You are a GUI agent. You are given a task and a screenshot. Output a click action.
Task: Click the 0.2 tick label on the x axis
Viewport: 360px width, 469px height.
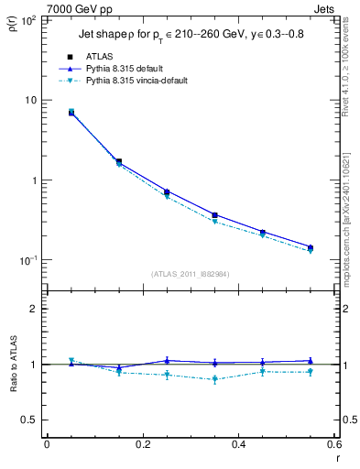tap(142, 444)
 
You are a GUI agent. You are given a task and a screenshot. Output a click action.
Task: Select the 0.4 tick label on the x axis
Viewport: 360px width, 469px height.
tap(238, 444)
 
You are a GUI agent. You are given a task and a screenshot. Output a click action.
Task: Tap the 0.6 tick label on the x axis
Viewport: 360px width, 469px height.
tap(334, 444)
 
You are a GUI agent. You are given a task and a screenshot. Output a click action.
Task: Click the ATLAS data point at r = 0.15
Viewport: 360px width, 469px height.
tap(118, 162)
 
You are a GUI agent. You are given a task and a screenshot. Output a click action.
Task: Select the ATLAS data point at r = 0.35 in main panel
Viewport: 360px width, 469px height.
tap(214, 215)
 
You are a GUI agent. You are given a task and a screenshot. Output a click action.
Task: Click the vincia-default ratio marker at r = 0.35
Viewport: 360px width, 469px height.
tap(214, 379)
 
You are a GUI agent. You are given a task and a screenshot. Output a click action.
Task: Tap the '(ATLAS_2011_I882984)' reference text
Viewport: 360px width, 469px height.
tap(190, 273)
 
